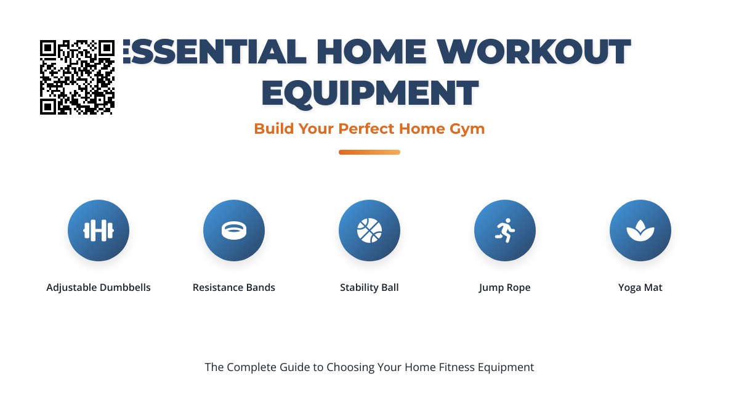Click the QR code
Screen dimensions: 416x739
(77, 77)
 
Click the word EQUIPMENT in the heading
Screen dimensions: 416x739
(369, 92)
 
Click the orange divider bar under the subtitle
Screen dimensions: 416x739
(369, 152)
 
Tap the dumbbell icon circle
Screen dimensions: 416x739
(99, 230)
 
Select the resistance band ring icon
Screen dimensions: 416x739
(234, 230)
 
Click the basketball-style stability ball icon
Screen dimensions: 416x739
(369, 230)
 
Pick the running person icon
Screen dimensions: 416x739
(505, 230)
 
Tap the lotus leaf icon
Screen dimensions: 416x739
(640, 230)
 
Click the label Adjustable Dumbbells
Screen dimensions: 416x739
(99, 288)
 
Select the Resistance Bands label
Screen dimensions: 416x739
(234, 288)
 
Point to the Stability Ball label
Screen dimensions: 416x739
(369, 288)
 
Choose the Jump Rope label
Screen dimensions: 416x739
(505, 288)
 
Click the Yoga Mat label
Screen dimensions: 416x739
(640, 288)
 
